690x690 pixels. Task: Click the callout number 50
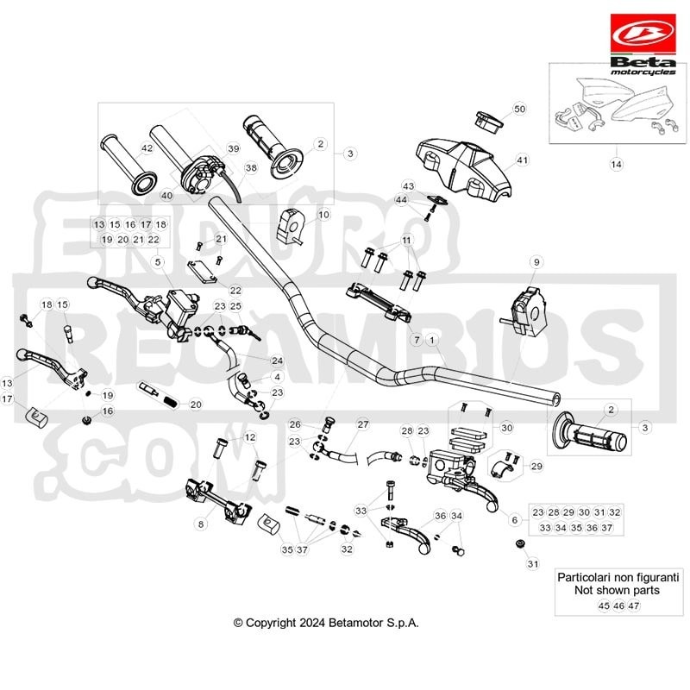[520, 109]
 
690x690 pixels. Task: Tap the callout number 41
[522, 160]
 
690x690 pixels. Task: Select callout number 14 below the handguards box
[616, 164]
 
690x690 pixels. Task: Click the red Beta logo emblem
[643, 34]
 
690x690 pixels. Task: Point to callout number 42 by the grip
[147, 147]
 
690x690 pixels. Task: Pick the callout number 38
[251, 167]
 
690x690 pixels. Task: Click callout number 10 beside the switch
[323, 215]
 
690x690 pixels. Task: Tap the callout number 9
[536, 262]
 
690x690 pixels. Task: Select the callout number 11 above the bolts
[406, 241]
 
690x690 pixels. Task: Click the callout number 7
[417, 340]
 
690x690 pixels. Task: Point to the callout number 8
[201, 524]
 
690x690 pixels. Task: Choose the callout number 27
[362, 424]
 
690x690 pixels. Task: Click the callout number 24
[277, 361]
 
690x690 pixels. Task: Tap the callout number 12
[249, 437]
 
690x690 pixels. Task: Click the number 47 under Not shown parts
[633, 605]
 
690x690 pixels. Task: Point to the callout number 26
[295, 424]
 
